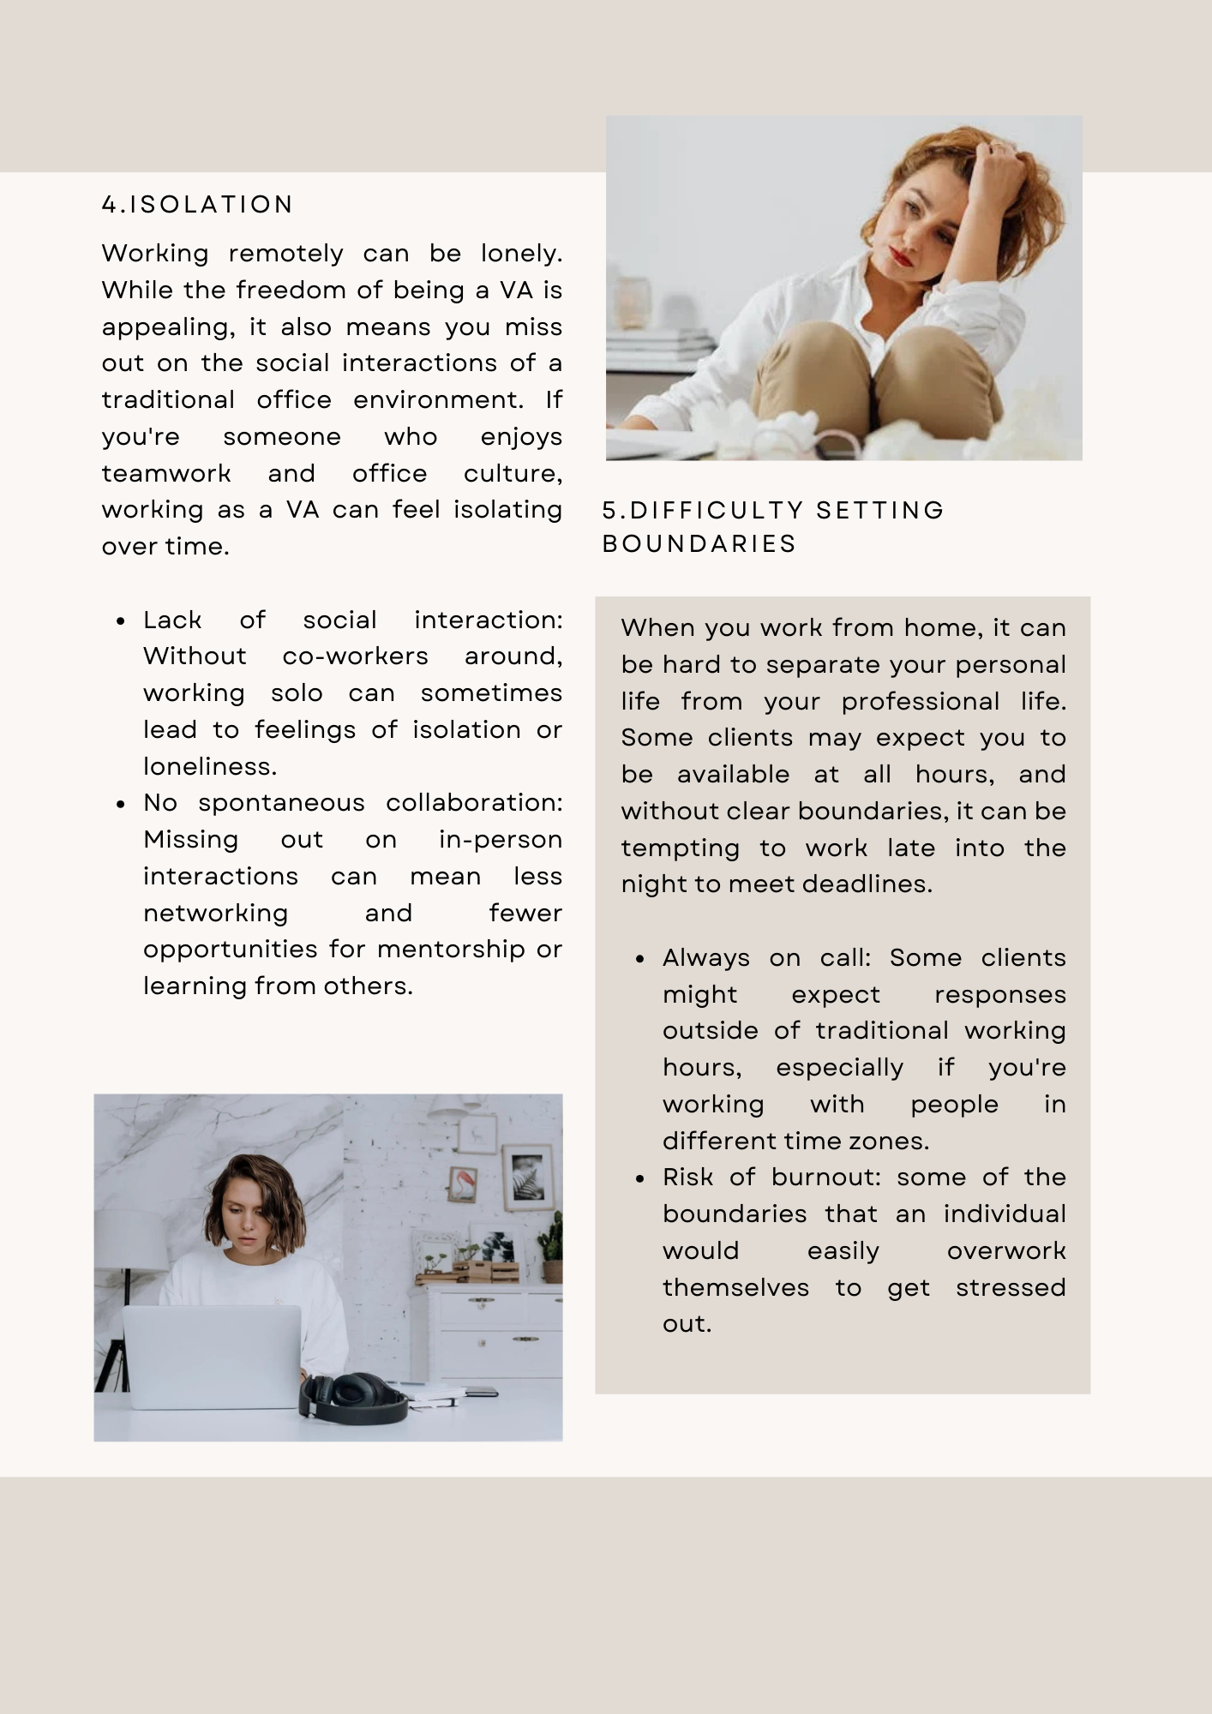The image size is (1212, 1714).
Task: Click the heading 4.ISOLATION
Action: [197, 205]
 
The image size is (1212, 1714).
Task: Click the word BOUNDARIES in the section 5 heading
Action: [699, 544]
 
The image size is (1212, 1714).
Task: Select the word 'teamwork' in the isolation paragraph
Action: [166, 474]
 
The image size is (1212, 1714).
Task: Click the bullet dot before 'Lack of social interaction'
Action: [121, 621]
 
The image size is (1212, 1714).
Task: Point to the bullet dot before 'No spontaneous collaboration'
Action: [121, 804]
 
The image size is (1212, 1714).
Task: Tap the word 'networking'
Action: [215, 914]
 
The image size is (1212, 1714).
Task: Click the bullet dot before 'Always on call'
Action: [640, 959]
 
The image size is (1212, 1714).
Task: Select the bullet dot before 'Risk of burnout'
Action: [640, 1178]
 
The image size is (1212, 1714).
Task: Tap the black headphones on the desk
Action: [353, 1399]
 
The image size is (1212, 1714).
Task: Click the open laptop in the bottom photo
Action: [213, 1357]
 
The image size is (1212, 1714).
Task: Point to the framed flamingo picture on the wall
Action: [463, 1184]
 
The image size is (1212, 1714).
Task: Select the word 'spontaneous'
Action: [281, 803]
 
